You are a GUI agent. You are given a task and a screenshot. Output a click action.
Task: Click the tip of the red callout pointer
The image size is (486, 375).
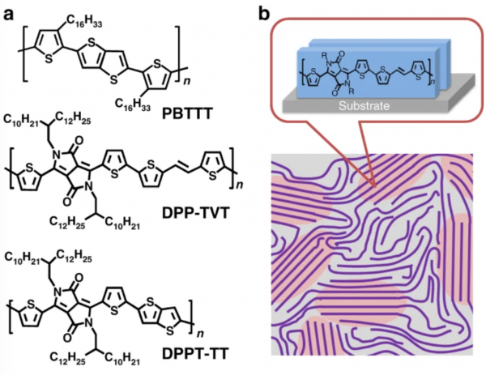click(374, 188)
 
